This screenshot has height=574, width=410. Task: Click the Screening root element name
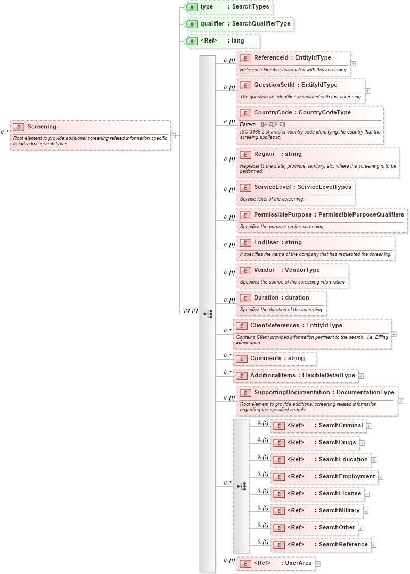click(x=42, y=127)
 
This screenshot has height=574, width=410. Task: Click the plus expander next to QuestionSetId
click(x=367, y=91)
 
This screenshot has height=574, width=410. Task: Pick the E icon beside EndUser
click(x=245, y=243)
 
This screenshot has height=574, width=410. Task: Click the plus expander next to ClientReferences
click(x=393, y=335)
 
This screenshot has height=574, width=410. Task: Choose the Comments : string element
click(x=277, y=359)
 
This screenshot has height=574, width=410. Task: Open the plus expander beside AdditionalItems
click(x=361, y=376)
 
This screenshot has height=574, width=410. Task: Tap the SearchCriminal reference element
click(x=325, y=426)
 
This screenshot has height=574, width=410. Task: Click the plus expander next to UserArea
click(x=317, y=564)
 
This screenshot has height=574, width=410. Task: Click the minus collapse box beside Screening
click(x=173, y=136)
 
